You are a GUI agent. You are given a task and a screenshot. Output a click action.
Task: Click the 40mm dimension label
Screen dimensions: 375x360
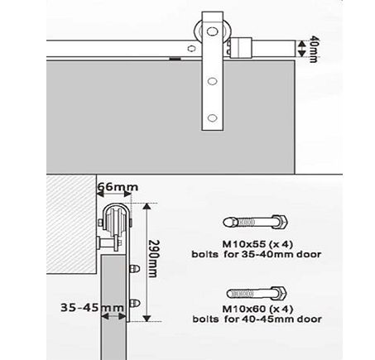[x=314, y=49]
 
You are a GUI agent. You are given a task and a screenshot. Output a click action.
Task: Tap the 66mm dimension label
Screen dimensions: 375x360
[x=118, y=187]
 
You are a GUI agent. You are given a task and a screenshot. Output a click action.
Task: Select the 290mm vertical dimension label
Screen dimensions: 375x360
[x=154, y=258]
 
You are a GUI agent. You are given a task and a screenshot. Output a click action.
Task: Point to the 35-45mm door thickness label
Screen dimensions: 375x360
[x=92, y=307]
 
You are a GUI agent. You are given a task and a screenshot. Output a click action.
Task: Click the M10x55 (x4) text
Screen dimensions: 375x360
[x=257, y=244]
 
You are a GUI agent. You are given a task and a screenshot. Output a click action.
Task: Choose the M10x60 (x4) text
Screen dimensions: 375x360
[x=257, y=309]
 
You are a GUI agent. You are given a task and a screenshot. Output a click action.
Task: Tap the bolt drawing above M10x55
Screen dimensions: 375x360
[x=256, y=222]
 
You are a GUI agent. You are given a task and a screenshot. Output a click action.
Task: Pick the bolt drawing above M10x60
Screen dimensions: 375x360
[x=257, y=293]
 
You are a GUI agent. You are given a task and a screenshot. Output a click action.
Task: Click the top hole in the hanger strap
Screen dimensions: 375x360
[x=212, y=31]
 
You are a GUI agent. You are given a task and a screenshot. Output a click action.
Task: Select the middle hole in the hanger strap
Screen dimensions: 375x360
[x=212, y=81]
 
